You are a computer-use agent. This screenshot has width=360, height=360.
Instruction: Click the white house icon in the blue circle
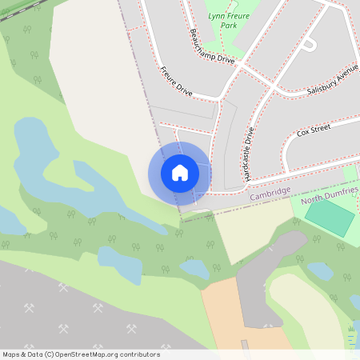pyautogui.click(x=179, y=172)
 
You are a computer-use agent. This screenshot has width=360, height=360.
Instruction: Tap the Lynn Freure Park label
pyautogui.click(x=222, y=21)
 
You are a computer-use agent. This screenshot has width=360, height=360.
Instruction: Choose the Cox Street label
pyautogui.click(x=314, y=130)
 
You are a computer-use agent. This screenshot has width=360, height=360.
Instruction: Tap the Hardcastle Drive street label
pyautogui.click(x=249, y=152)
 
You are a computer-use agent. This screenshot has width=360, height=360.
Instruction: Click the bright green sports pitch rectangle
pyautogui.click(x=329, y=217)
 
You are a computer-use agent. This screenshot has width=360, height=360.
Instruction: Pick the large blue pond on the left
pyautogui.click(x=36, y=152)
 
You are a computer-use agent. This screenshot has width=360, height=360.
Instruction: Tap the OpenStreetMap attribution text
pyautogui.click(x=80, y=354)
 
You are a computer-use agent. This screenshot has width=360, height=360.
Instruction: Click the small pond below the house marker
pyautogui.click(x=194, y=269)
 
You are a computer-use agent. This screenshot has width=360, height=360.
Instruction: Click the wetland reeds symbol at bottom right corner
pyautogui.click(x=353, y=337)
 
